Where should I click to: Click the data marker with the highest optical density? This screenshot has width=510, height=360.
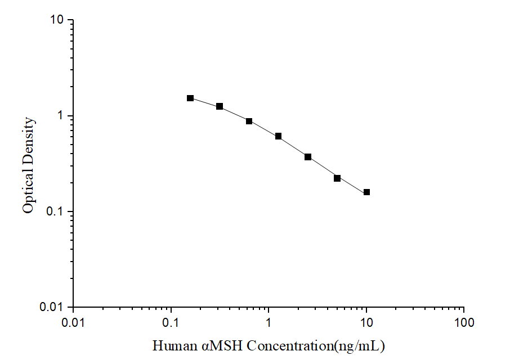click(190, 98)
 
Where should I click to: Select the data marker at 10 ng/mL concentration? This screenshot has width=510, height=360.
click(367, 192)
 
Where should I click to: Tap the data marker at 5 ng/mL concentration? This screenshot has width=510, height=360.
click(337, 178)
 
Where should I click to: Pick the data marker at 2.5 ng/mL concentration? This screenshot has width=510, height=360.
click(308, 157)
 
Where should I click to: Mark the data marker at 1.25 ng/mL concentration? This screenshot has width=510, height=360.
click(279, 136)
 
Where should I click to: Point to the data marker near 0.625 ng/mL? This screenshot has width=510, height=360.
click(249, 121)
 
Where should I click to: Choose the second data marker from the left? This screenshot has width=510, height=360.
click(220, 106)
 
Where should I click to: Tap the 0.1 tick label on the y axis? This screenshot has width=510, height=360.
click(55, 212)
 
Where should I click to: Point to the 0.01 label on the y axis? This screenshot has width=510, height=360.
click(53, 308)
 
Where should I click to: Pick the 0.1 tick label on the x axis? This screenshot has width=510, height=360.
click(171, 324)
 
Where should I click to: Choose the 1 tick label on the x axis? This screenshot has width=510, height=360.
click(269, 324)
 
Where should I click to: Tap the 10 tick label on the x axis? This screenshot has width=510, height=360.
click(366, 324)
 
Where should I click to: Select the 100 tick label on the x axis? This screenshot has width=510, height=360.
click(464, 324)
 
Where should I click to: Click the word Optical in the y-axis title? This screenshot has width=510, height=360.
click(28, 191)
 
